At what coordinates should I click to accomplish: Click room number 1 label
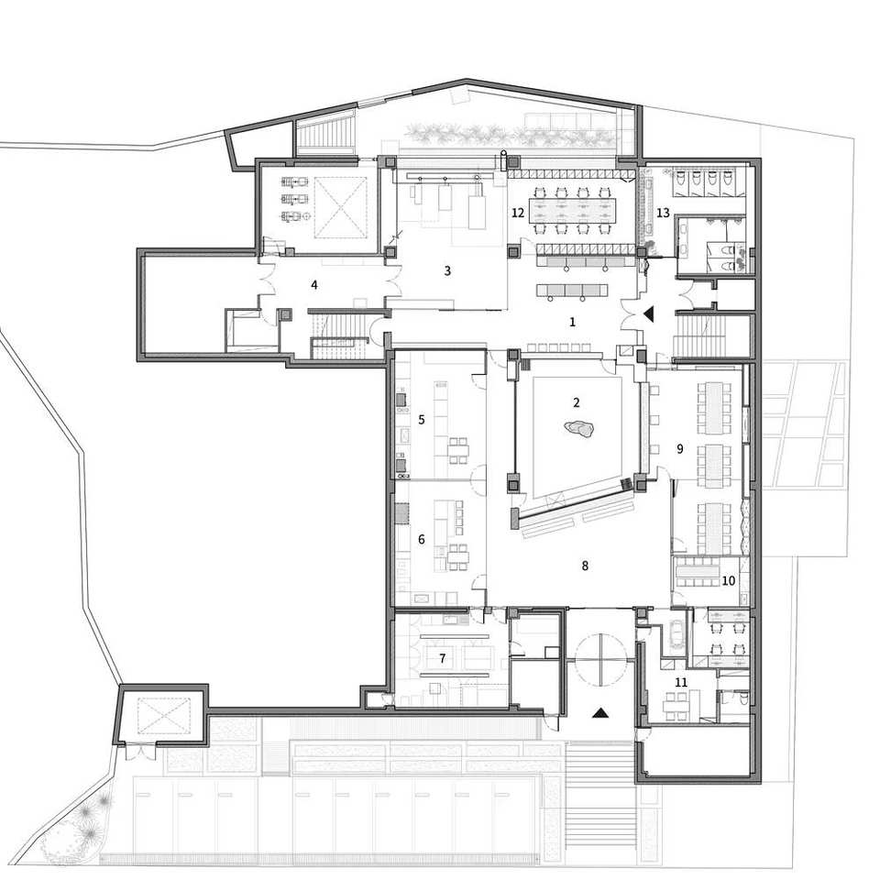[x=572, y=322]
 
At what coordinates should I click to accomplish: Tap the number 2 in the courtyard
[x=577, y=402]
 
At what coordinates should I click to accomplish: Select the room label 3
[x=447, y=271]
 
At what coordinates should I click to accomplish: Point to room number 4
[x=314, y=285]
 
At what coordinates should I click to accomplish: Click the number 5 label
[x=422, y=419]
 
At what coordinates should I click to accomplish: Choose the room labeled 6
[x=422, y=539]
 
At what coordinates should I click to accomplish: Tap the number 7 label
[x=442, y=658]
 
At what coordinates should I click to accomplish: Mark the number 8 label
[x=585, y=566]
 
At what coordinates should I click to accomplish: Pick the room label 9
[x=679, y=449]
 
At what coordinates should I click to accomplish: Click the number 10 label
[x=729, y=581]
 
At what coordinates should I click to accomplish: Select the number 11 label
[x=681, y=682]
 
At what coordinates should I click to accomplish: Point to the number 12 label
[x=517, y=214]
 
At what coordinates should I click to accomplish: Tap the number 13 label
[x=663, y=214]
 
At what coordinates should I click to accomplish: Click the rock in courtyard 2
[x=579, y=429]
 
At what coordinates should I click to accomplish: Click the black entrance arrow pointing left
[x=650, y=314]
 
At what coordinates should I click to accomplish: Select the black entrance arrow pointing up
[x=600, y=713]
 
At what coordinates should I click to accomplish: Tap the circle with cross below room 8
[x=600, y=659]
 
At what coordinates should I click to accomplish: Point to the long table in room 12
[x=571, y=210]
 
